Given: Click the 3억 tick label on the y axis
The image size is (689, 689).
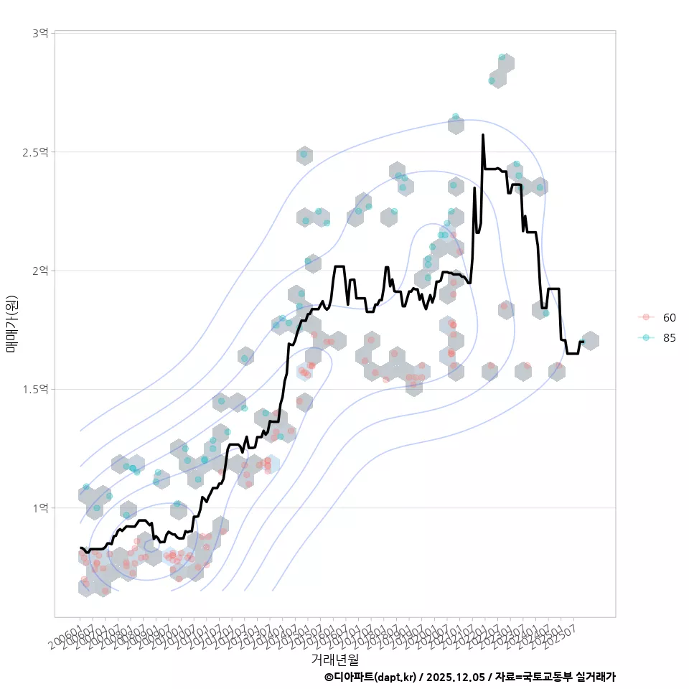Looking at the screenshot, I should click(x=40, y=34).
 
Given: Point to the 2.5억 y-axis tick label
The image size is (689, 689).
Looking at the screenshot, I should click(x=35, y=152).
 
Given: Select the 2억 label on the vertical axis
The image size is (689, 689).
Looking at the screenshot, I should click(x=40, y=271).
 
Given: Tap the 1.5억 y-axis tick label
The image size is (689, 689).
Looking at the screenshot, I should click(x=35, y=389).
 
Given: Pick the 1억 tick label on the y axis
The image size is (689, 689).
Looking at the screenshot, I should click(x=40, y=507).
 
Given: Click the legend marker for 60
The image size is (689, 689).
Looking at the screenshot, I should click(x=646, y=317).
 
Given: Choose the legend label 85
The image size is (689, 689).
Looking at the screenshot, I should click(x=670, y=338).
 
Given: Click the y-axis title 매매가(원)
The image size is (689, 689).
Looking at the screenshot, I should click(x=11, y=324).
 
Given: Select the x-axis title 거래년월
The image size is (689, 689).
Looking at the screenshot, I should click(x=335, y=658).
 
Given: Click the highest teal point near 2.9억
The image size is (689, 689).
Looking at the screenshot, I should click(x=502, y=57).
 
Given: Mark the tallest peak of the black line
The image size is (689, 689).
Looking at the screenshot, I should click(x=483, y=135).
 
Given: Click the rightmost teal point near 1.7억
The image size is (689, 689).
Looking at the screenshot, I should click(x=582, y=342).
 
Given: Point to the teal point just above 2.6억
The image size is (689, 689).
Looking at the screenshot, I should click(x=456, y=116).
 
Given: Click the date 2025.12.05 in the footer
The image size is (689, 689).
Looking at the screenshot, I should click(x=454, y=677).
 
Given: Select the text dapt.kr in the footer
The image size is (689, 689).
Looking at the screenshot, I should click(x=395, y=677).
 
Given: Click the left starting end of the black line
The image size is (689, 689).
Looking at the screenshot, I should click(x=80, y=548).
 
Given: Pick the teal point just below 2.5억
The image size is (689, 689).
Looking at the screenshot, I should click(x=304, y=154).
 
